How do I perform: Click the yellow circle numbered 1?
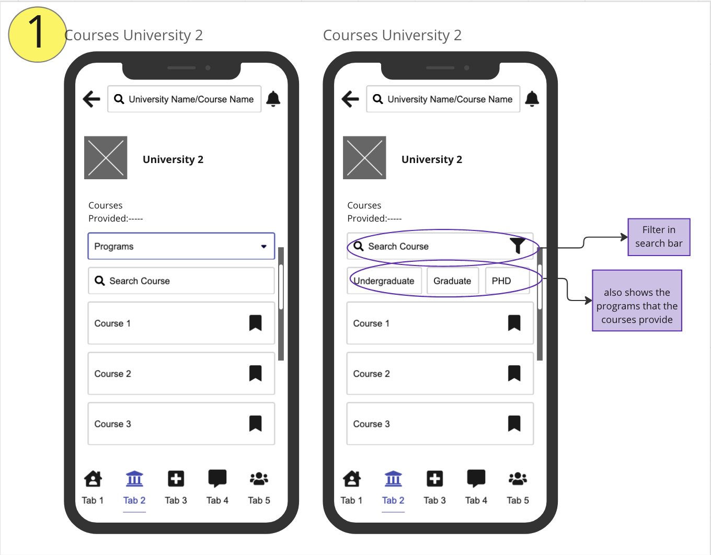coord(37,34)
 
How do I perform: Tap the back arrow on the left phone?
coord(91,99)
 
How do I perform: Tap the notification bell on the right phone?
coord(532,99)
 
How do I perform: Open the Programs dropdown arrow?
coord(263,247)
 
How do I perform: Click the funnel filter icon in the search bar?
coord(518,246)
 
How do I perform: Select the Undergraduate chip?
coord(384,281)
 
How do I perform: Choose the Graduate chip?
coord(453,281)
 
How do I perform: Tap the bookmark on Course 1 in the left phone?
coord(256,323)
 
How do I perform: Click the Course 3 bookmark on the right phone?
coord(514,423)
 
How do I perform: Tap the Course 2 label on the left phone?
coord(112,374)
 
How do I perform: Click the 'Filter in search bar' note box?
coord(659,237)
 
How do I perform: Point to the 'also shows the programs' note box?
coord(637,300)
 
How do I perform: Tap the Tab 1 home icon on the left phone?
coord(93,479)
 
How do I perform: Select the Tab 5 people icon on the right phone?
coord(518,479)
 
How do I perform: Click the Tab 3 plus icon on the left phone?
coord(176,479)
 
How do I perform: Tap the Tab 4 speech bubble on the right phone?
coord(476,479)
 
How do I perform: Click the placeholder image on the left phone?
coord(106,158)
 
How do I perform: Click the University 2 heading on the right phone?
coord(432,159)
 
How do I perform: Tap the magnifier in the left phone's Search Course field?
coord(99,281)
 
